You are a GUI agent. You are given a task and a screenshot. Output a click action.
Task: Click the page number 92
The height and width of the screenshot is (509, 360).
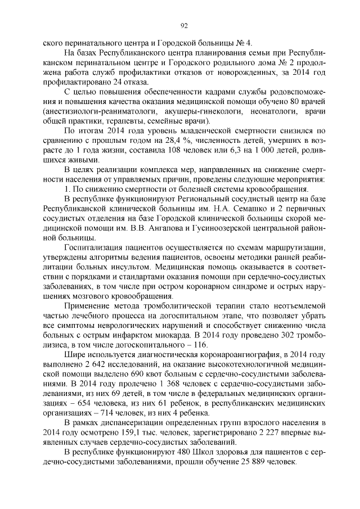[x=183, y=25]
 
